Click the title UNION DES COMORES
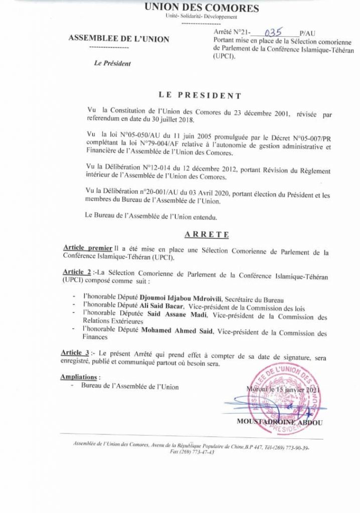pyautogui.click(x=202, y=8)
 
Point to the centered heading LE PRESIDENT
pyautogui.click(x=193, y=95)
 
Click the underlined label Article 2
pyautogui.click(x=76, y=271)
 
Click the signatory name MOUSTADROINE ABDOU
pyautogui.click(x=280, y=422)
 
